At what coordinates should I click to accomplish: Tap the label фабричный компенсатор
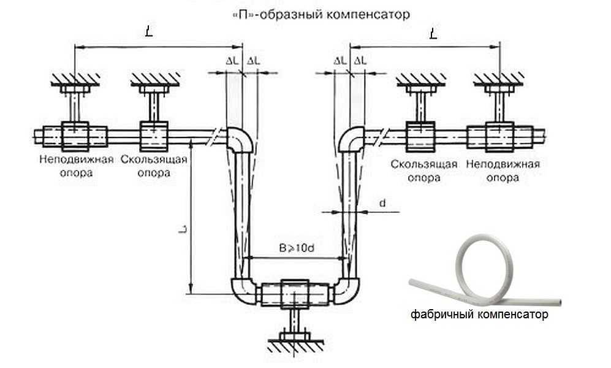tap(479, 315)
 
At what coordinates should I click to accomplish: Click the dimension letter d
tap(381, 203)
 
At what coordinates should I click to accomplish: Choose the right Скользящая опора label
tap(423, 171)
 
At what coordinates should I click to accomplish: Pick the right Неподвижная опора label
tap(503, 171)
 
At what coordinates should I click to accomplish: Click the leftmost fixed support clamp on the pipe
tap(75, 136)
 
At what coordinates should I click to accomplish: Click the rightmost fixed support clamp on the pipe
tap(499, 136)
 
